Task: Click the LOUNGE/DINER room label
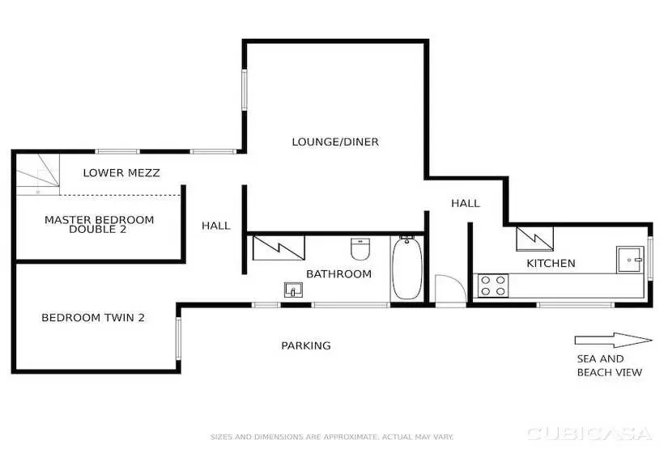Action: [x=335, y=142]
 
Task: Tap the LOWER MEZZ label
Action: [x=121, y=172]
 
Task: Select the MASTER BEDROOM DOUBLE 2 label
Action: [x=99, y=224]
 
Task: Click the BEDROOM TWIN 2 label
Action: [x=93, y=318]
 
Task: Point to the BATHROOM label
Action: [x=338, y=273]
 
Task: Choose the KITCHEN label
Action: [x=551, y=263]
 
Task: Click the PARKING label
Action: [x=306, y=345]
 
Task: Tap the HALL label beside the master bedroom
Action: [x=216, y=226]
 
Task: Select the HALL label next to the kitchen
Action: [x=466, y=203]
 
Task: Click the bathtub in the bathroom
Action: [x=406, y=269]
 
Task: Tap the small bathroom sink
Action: [x=292, y=289]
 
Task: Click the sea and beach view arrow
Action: [x=613, y=340]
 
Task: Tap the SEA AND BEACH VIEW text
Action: [x=610, y=366]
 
